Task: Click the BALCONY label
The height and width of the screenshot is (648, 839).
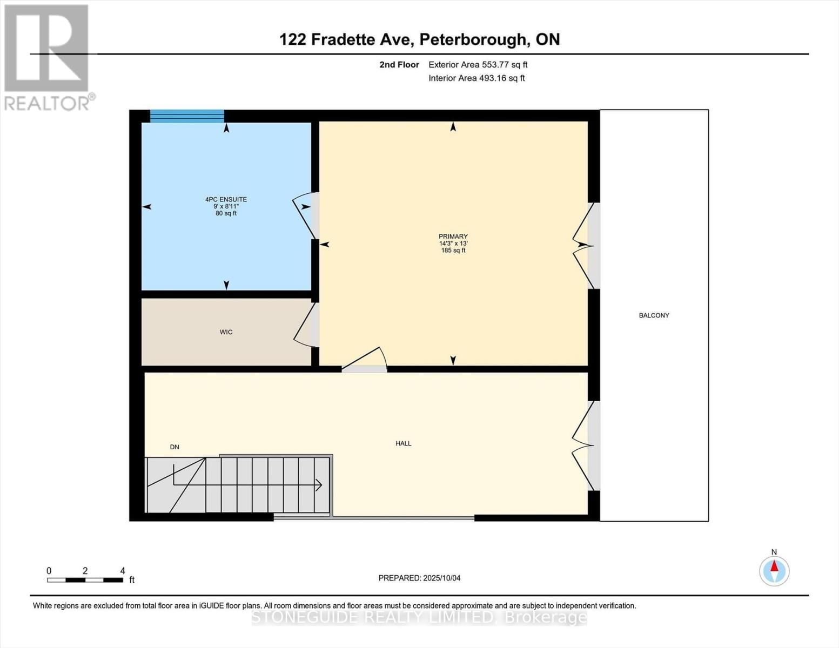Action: [654, 315]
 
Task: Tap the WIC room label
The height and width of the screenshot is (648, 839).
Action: [226, 332]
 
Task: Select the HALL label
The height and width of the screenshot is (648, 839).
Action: [403, 443]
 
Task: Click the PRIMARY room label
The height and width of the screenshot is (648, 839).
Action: [453, 237]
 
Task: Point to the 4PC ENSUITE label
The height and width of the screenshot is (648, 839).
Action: [226, 199]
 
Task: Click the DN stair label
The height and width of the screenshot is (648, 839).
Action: [174, 447]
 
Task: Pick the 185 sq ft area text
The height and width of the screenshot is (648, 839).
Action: [453, 251]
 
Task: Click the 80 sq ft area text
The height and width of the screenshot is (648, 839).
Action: [226, 213]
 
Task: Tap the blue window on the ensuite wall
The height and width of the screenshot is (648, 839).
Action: [187, 116]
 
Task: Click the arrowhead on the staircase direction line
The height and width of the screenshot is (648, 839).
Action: [319, 485]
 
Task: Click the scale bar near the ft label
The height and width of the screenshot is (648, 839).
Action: [85, 580]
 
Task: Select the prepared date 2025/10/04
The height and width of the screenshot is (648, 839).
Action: [419, 578]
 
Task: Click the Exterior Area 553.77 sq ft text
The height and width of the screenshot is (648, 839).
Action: [478, 65]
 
